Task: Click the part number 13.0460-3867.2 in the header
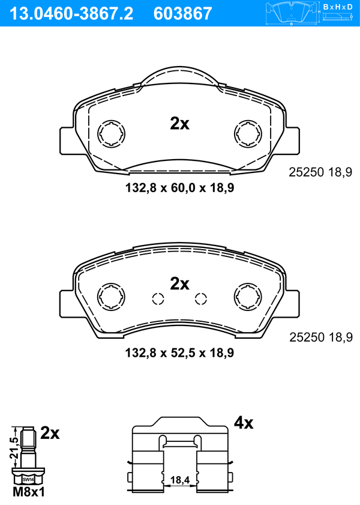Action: [71, 14]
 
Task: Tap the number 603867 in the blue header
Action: [183, 14]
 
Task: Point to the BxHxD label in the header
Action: [338, 7]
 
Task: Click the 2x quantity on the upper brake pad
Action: [180, 123]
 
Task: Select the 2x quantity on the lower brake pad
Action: [180, 284]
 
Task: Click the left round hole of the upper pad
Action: [112, 134]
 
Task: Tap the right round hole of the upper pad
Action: [248, 134]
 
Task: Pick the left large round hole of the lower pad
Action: [112, 297]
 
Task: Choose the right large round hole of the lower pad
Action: [248, 297]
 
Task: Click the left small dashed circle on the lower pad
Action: [158, 299]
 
